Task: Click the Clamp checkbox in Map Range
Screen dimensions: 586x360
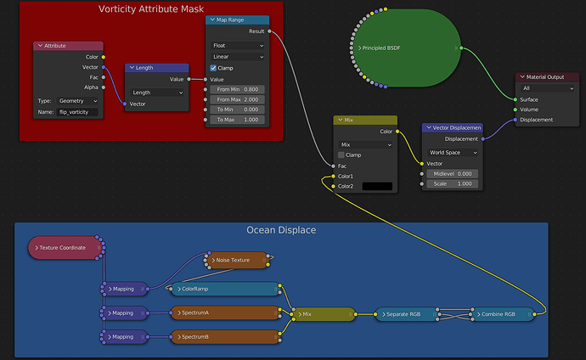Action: (x=213, y=68)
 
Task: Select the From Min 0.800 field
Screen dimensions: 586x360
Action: (x=237, y=90)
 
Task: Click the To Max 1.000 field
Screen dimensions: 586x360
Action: (x=237, y=120)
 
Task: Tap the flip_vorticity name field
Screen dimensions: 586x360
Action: (x=77, y=112)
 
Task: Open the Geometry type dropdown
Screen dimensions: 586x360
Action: (x=78, y=101)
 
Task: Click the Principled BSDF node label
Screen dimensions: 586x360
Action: (x=381, y=48)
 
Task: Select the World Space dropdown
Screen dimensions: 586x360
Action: (x=453, y=152)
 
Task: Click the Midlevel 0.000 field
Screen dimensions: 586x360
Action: (x=453, y=174)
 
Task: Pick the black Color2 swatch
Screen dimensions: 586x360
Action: (x=377, y=186)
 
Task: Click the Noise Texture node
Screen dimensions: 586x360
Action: (x=237, y=261)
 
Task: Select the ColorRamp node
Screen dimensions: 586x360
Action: (x=225, y=289)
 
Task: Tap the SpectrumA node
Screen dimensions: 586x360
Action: (x=225, y=313)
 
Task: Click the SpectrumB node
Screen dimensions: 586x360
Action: (x=225, y=337)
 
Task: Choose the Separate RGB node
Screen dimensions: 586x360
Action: (x=407, y=314)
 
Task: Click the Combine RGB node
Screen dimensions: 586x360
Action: (x=503, y=314)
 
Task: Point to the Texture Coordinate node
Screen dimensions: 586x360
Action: (x=64, y=248)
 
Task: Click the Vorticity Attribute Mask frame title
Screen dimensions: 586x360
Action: (x=151, y=9)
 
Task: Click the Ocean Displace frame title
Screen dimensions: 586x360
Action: (x=281, y=230)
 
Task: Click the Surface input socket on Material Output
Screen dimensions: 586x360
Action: (x=516, y=99)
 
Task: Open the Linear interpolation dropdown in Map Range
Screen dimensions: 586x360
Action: (x=238, y=57)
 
